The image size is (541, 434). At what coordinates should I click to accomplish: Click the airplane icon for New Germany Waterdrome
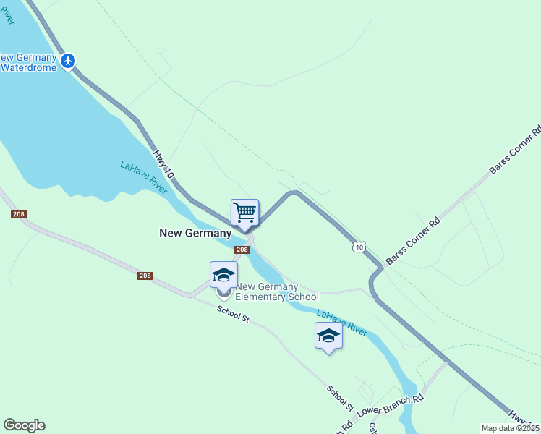pos(68,60)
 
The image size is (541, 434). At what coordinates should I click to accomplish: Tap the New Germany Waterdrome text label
pos(29,62)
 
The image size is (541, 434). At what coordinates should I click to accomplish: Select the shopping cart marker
pos(244,213)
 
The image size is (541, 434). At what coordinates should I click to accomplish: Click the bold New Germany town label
pos(195,233)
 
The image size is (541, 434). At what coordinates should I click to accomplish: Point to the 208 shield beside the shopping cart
pos(242,250)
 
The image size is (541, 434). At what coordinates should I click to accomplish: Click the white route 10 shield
pos(359,247)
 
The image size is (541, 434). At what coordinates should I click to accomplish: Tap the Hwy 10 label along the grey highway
pos(164,165)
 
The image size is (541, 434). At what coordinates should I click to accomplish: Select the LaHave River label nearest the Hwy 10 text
pos(144,178)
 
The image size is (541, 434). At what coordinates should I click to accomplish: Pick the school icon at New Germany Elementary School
pos(223,276)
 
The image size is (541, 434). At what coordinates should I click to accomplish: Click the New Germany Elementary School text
pos(278,292)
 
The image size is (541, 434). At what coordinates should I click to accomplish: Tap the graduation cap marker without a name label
pos(328,336)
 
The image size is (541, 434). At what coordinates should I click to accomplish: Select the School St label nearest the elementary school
pos(233,314)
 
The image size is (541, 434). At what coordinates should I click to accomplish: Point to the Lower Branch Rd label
pos(391,405)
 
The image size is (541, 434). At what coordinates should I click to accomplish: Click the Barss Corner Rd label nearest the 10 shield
pos(413,242)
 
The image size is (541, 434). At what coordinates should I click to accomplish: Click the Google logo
pos(24,425)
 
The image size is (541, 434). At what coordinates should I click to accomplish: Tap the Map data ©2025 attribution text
pos(511,428)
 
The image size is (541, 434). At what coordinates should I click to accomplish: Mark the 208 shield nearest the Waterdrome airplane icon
pos(19,215)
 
